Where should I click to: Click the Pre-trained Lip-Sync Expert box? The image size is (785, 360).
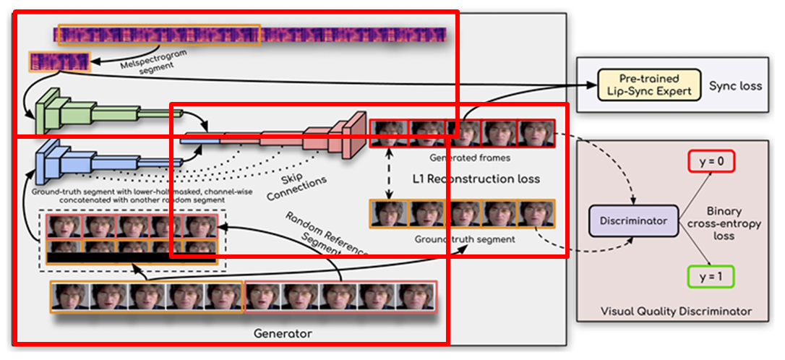click(x=650, y=85)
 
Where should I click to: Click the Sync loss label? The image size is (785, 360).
click(x=735, y=85)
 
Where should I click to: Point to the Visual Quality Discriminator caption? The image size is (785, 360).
click(x=676, y=312)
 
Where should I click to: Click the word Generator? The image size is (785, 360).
click(x=283, y=334)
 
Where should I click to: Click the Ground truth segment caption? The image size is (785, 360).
click(x=465, y=239)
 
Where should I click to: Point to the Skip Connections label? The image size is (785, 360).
click(x=296, y=186)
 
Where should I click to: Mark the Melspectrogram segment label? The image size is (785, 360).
click(x=147, y=64)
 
